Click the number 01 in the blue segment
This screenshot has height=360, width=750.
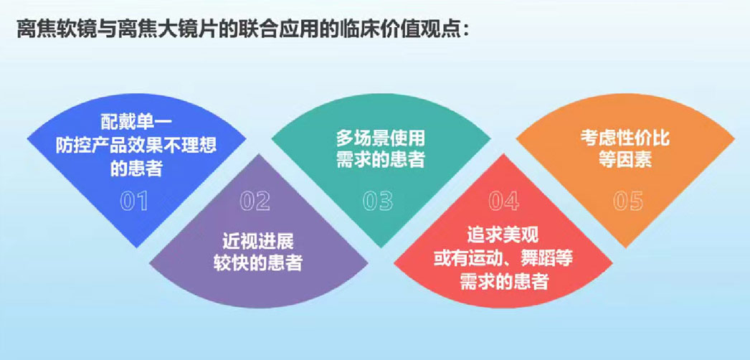coord(134,202)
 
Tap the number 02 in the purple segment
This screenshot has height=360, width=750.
coord(255,202)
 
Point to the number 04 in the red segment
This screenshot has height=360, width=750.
coord(503,202)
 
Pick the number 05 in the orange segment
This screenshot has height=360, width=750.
coord(628,202)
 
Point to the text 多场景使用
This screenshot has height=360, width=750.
coord(380,138)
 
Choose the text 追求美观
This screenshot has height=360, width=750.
coord(503,236)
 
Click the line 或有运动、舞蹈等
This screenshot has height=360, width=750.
coord(503,259)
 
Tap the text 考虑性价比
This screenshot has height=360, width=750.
coord(625,138)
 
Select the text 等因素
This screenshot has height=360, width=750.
coord(625,160)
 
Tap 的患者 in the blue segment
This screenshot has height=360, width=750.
coord(136,169)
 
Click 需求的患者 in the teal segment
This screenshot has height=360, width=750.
coord(380,160)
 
